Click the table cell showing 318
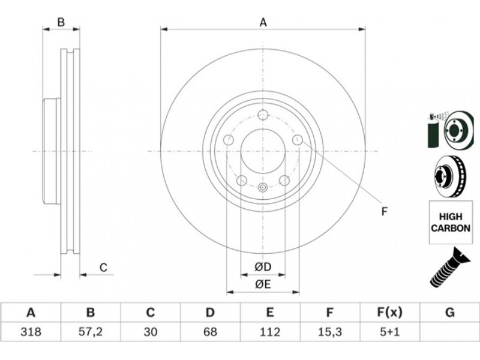click(31, 332)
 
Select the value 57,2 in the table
click(91, 332)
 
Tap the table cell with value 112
click(269, 332)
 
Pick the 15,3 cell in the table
click(329, 332)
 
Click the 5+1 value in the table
click(389, 332)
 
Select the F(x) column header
click(389, 313)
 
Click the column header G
click(449, 313)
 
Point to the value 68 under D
click(210, 332)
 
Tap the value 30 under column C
click(151, 332)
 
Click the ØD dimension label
click(263, 267)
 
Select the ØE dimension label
click(263, 284)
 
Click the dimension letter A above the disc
click(263, 23)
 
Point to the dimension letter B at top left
click(61, 22)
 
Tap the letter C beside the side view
click(103, 268)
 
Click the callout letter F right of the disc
click(385, 211)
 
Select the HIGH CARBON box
click(451, 222)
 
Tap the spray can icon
click(433, 131)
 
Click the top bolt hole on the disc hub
click(263, 115)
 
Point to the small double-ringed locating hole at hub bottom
click(263, 187)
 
